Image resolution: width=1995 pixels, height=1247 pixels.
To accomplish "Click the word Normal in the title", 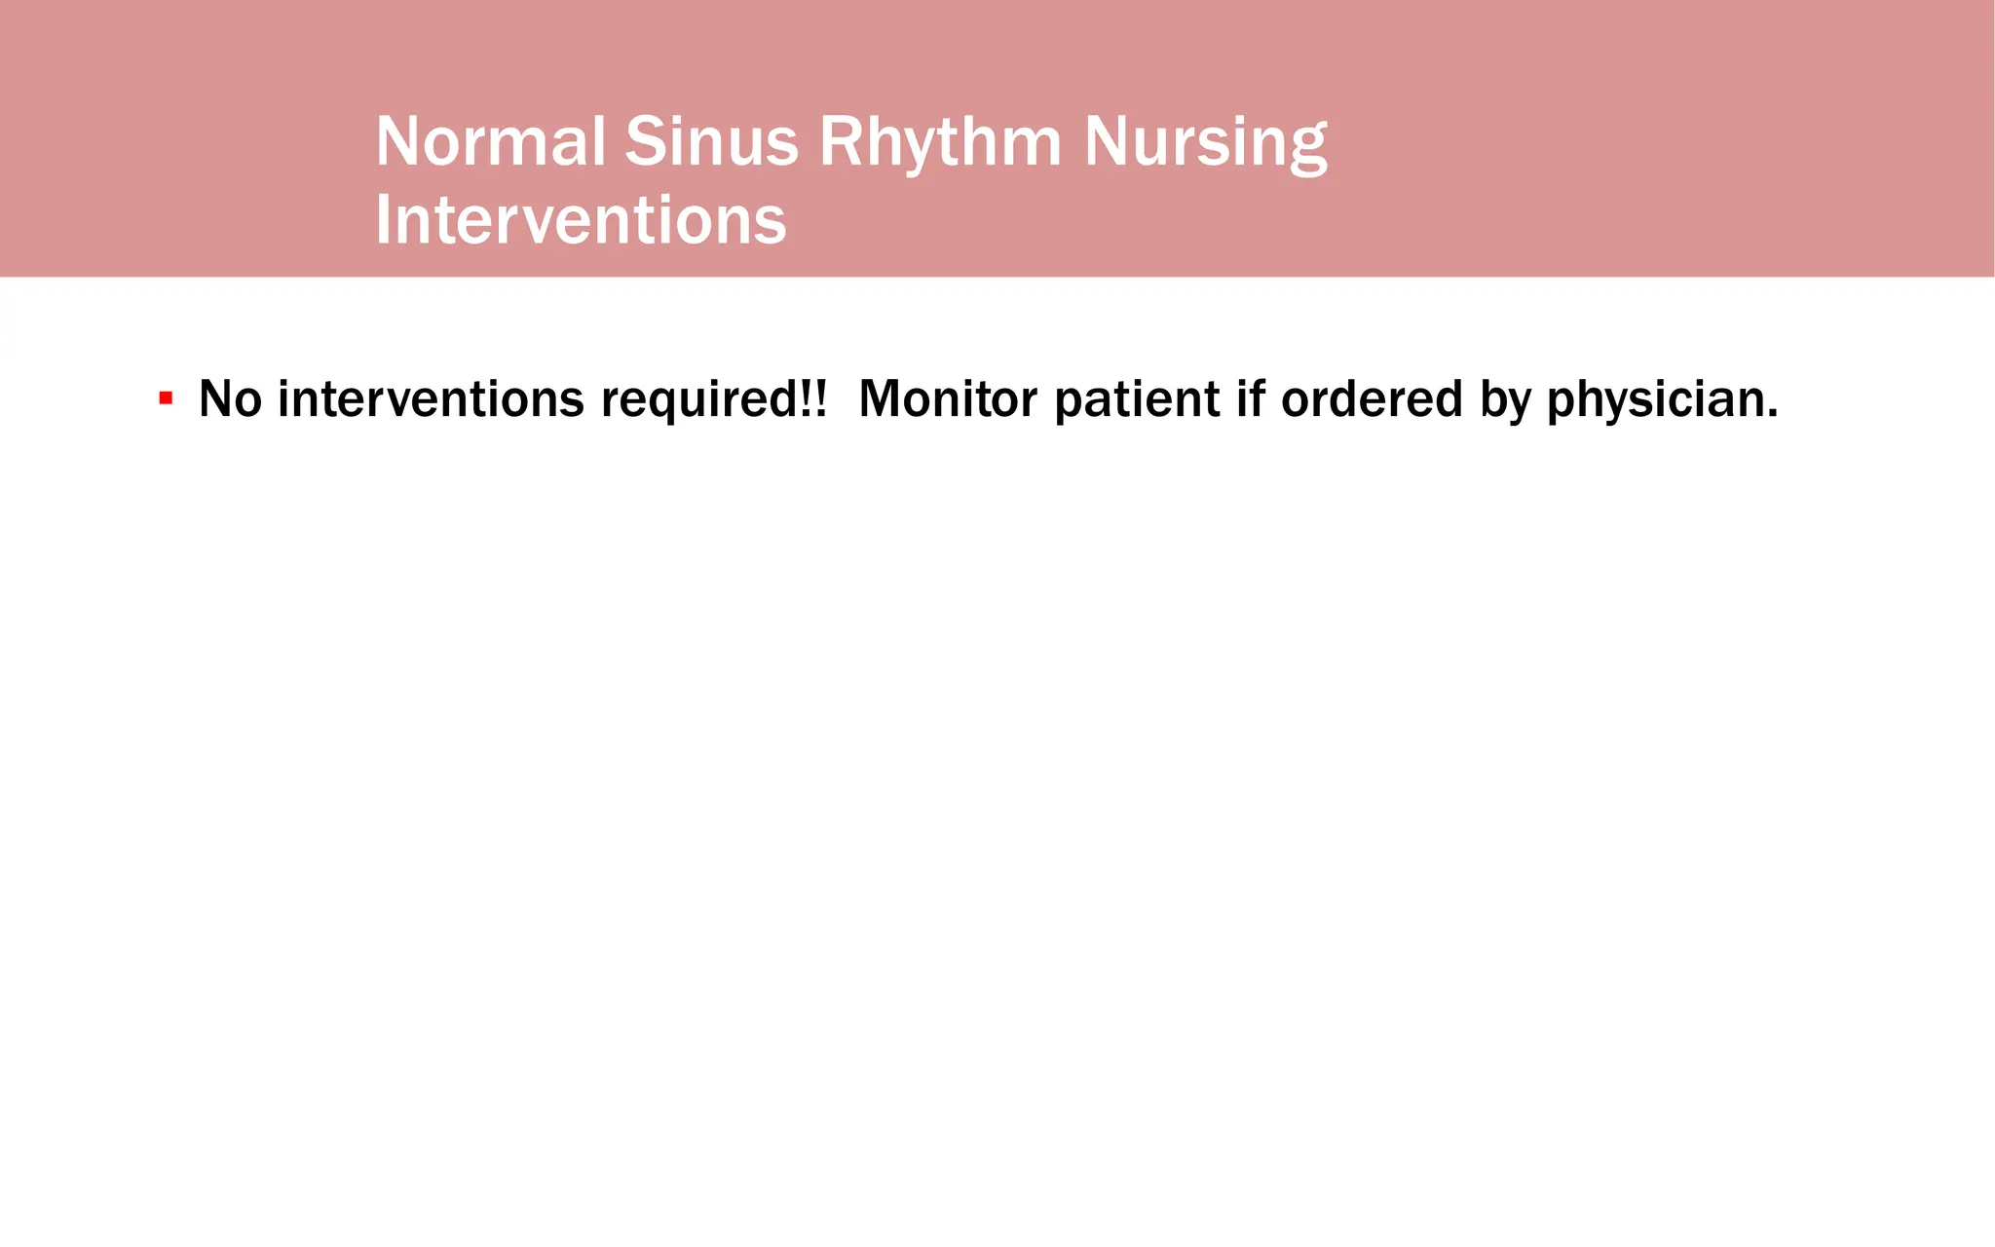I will point(490,142).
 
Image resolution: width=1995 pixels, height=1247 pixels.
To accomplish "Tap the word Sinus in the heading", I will point(710,142).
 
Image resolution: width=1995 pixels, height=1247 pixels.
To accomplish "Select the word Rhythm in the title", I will point(939,142).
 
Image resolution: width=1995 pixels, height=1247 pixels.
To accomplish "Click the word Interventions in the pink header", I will point(581,220).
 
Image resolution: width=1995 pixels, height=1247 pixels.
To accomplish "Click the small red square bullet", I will point(167,398).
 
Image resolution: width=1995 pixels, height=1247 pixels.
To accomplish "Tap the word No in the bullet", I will point(230,399).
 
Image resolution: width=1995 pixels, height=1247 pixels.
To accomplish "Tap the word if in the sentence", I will point(1250,399).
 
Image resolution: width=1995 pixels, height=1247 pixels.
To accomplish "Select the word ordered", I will point(1372,399).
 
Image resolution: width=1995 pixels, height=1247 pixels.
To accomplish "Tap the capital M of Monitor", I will point(883,399).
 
